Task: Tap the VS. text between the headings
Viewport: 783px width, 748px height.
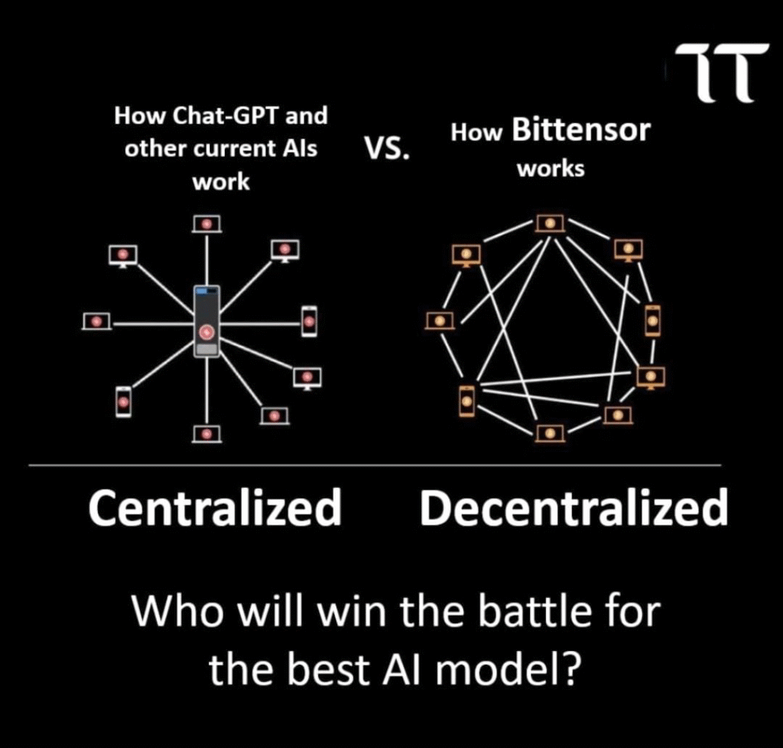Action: [387, 148]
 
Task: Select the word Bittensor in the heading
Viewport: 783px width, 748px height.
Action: [581, 130]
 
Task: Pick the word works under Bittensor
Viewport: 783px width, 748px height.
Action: [551, 169]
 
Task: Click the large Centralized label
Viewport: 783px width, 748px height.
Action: [215, 508]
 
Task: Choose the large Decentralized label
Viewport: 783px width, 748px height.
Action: [573, 508]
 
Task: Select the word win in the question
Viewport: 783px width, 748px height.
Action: [352, 611]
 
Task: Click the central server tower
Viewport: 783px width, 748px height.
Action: [206, 321]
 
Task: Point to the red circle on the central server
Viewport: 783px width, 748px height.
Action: [206, 331]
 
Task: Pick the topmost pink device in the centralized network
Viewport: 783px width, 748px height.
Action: [206, 224]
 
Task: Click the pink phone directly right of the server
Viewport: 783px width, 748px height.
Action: [309, 321]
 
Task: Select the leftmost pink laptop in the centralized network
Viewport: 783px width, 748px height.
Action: [96, 321]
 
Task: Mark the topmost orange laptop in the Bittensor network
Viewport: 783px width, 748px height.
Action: [551, 223]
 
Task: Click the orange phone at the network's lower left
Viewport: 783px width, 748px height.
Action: [467, 401]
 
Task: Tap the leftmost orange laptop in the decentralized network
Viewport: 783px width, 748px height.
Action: [440, 320]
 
